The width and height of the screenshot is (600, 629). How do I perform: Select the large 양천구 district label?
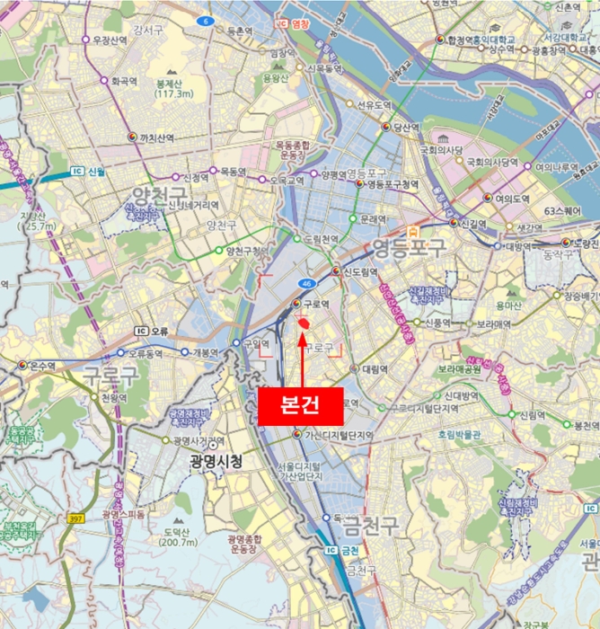159,195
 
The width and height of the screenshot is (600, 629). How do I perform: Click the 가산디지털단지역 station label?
338,435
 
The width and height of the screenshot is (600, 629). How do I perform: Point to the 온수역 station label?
43,365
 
